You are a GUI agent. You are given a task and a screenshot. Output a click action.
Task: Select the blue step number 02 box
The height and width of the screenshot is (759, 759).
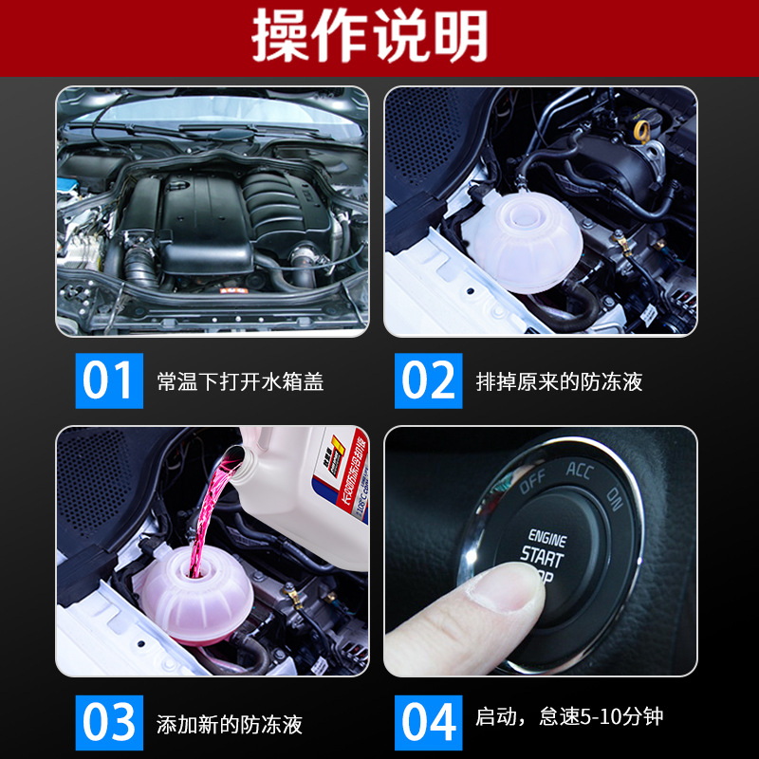tap(428, 380)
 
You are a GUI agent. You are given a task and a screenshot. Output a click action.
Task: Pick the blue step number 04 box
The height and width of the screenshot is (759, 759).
tap(428, 723)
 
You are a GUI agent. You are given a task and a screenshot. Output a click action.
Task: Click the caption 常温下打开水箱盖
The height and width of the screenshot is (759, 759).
tap(240, 382)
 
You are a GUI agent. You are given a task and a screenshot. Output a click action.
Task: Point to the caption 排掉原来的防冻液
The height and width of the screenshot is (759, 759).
tap(559, 382)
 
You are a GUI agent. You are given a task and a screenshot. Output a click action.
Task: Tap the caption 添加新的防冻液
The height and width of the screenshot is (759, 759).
tap(230, 725)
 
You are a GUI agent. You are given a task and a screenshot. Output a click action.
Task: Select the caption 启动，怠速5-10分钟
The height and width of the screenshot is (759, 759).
tap(569, 716)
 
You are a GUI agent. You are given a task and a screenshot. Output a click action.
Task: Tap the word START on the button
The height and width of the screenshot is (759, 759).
tap(543, 557)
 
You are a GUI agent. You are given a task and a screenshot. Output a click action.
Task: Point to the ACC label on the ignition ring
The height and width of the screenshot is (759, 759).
tap(580, 470)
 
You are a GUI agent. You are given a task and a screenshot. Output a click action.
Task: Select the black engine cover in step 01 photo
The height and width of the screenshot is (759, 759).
tap(204, 213)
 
